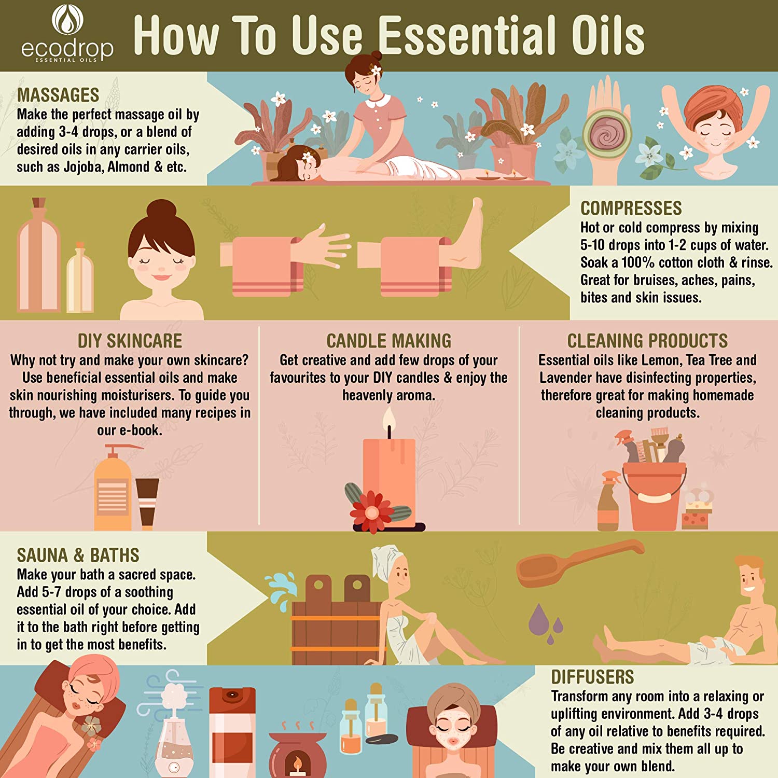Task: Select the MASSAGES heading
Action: pyautogui.click(x=58, y=95)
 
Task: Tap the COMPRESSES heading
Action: pyautogui.click(x=631, y=209)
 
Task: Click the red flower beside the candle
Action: pyautogui.click(x=372, y=511)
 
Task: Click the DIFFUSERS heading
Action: pyautogui.click(x=592, y=677)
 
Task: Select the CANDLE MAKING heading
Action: pyautogui.click(x=389, y=341)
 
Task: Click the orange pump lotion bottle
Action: pyautogui.click(x=113, y=488)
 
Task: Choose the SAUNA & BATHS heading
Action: pyautogui.click(x=78, y=555)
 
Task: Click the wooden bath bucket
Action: pyautogui.click(x=337, y=620)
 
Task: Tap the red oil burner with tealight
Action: pyautogui.click(x=298, y=755)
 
